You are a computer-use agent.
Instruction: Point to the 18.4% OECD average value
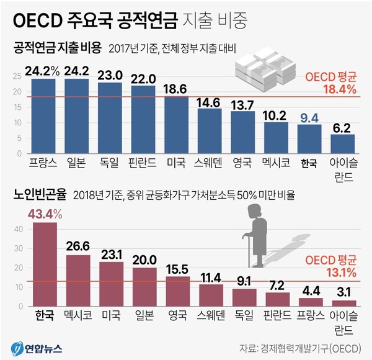339,89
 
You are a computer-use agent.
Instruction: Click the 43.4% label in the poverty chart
45,214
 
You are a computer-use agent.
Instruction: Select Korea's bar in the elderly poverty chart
45,264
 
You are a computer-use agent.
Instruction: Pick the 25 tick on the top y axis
17,76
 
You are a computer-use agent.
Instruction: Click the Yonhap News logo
34,344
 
